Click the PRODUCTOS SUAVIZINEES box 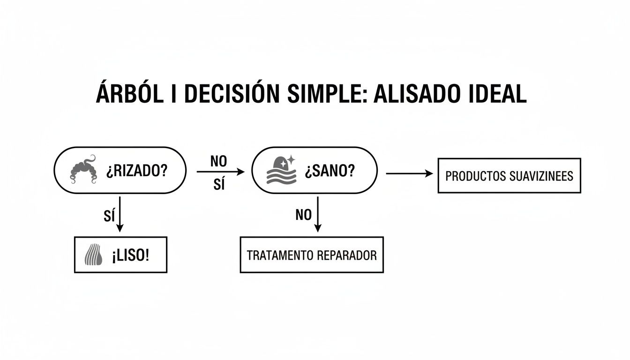509,176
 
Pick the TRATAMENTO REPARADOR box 312,255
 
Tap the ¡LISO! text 130,255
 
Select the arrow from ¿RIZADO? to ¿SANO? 220,172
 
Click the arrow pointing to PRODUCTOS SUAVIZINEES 409,173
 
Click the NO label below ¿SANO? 304,215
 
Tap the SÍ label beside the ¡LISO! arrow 108,216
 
